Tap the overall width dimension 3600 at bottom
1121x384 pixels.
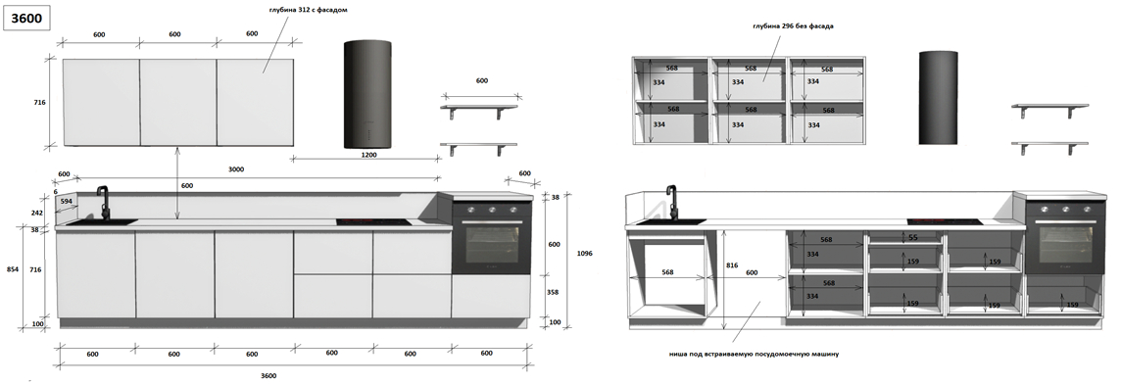pos(268,375)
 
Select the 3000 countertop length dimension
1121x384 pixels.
pos(236,169)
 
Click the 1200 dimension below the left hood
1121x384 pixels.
pos(368,154)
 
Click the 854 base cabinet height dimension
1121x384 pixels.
pos(12,268)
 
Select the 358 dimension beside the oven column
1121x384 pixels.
pos(554,293)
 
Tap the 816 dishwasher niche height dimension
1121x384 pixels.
pos(732,264)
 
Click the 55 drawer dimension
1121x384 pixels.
pos(912,237)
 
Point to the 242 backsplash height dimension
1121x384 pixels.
pos(38,213)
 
